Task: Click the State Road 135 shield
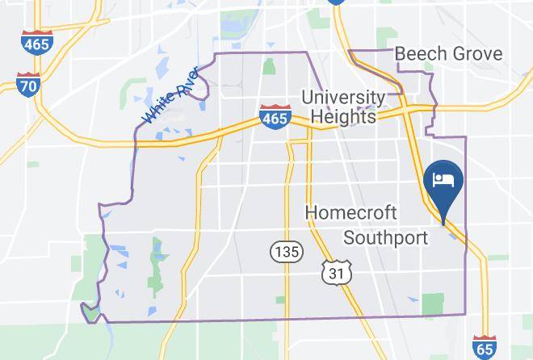tap(286, 252)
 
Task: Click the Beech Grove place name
tap(448, 54)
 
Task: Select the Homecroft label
tap(351, 213)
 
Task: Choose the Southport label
tap(385, 237)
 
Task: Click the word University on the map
tap(342, 98)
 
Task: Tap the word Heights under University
tap(342, 117)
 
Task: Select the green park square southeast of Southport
tap(433, 303)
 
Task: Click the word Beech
tap(420, 54)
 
